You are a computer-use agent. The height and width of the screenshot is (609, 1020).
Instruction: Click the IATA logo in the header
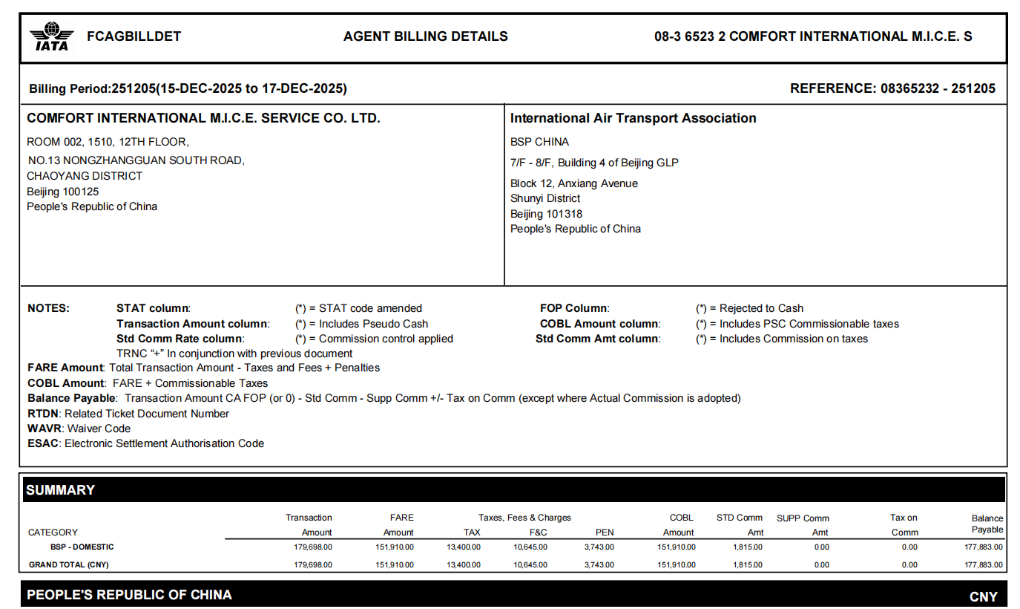point(51,36)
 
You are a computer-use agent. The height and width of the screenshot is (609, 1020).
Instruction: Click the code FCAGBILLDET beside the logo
point(134,36)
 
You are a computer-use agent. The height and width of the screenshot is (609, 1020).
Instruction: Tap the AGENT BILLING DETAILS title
point(425,36)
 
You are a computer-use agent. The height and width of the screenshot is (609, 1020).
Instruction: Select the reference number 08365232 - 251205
point(938,89)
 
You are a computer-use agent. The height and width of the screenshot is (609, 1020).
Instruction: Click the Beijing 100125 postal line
point(63,192)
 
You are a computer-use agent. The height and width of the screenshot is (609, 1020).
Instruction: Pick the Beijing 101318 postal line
point(546,214)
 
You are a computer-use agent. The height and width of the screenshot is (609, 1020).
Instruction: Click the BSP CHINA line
point(539,142)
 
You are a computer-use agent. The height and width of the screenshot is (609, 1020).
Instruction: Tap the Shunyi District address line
point(545,198)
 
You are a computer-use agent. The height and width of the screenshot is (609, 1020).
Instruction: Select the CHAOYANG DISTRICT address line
point(85,176)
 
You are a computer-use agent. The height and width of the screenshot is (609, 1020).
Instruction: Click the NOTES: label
point(48,308)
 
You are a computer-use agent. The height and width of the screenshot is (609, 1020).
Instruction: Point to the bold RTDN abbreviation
point(43,414)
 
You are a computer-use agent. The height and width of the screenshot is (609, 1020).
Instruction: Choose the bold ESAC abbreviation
point(43,443)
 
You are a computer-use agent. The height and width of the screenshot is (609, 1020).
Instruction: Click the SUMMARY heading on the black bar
point(61,490)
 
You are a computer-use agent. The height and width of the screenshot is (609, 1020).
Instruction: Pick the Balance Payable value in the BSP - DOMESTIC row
point(983,547)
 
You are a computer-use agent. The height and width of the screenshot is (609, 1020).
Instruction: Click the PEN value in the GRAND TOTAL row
point(599,565)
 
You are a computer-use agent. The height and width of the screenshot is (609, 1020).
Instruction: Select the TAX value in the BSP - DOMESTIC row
point(465,547)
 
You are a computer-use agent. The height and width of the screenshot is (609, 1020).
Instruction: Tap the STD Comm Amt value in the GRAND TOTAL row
point(747,565)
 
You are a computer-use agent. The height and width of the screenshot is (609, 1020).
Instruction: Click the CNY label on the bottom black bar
point(983,596)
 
